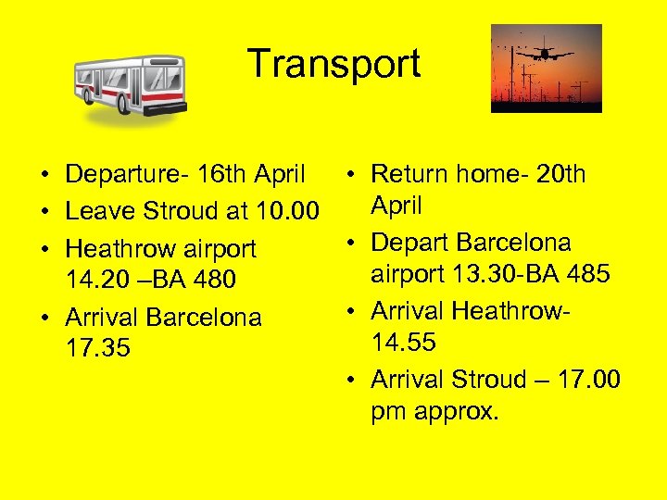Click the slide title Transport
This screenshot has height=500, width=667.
click(333, 65)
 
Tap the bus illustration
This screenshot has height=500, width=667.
click(131, 87)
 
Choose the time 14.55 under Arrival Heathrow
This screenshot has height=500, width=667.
click(404, 343)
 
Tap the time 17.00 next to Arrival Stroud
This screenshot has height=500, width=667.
click(587, 380)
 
